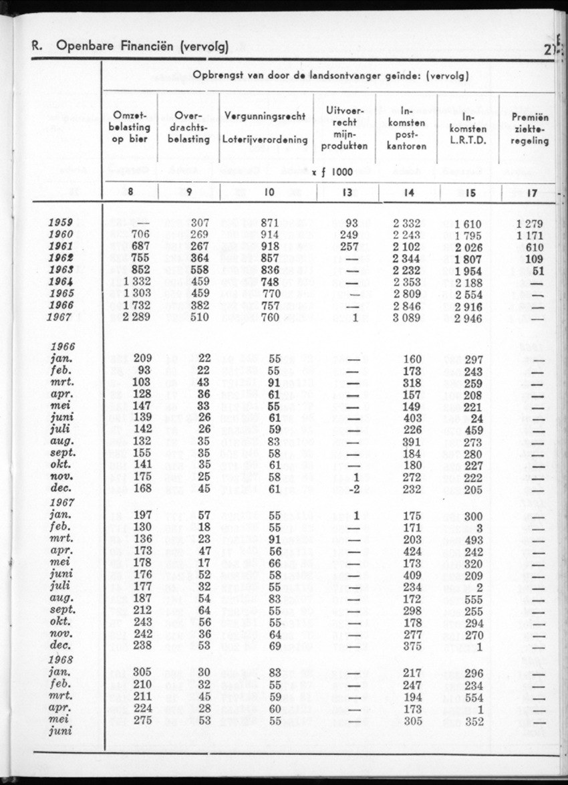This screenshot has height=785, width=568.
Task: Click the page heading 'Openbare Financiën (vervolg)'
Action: [x=142, y=46]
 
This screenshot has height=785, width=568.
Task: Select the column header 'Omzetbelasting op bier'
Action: [x=130, y=127]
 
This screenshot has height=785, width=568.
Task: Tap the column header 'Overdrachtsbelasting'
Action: [x=188, y=127]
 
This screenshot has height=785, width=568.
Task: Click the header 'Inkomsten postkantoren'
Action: [x=407, y=127]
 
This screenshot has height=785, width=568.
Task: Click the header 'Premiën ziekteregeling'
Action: [x=530, y=127]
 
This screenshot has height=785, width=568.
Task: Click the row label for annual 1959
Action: [x=61, y=223]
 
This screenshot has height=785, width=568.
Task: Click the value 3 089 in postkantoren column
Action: [x=406, y=317]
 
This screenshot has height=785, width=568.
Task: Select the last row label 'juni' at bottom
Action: [x=61, y=732]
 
